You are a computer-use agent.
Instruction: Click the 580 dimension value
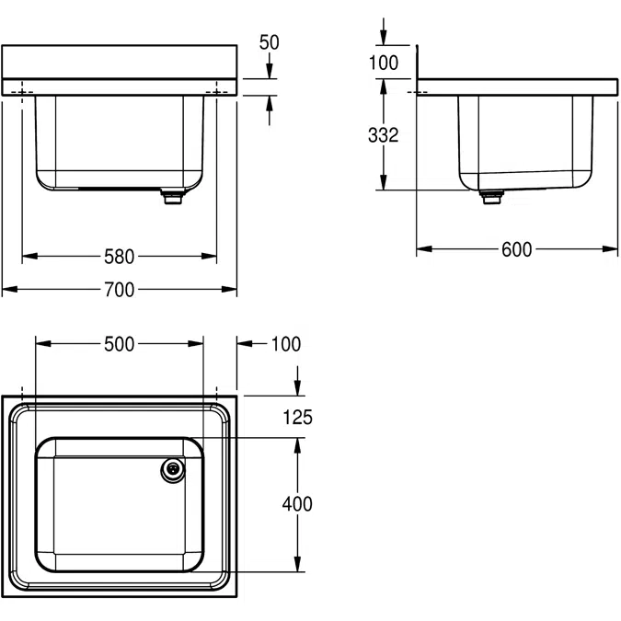(119, 256)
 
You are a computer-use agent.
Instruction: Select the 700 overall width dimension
(119, 290)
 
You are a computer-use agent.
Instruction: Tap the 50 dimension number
(270, 42)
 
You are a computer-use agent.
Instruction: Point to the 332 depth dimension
(383, 134)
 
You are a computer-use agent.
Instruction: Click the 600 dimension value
(517, 249)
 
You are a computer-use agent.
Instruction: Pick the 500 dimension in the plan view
(119, 344)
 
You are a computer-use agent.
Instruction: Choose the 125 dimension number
(298, 418)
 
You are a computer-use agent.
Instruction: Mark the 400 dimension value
(298, 504)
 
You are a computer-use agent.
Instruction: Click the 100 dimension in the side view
(383, 63)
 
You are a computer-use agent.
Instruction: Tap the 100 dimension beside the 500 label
(286, 344)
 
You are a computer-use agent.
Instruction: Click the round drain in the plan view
(171, 469)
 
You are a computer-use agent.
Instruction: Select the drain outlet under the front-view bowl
(170, 197)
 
